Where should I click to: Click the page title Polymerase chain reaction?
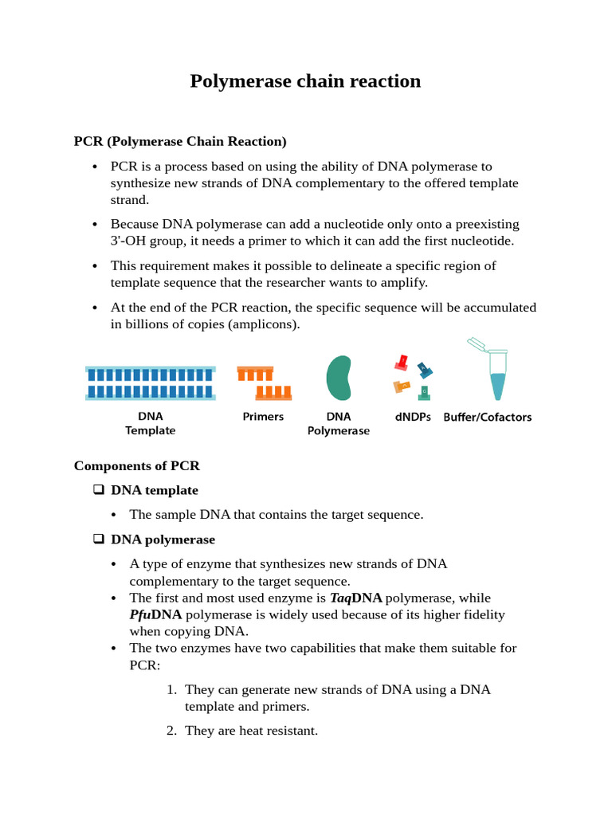tap(305, 81)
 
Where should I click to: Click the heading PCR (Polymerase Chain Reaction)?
tap(180, 142)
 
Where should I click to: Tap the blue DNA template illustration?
tap(150, 382)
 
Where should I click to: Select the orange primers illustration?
tap(263, 382)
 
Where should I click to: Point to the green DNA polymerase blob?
tap(338, 379)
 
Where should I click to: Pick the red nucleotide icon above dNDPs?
tap(402, 363)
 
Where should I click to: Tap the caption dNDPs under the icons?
tap(413, 416)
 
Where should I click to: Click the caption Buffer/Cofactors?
tap(488, 417)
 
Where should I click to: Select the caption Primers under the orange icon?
tap(263, 416)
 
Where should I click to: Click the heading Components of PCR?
tap(137, 465)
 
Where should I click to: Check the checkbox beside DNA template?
tap(99, 490)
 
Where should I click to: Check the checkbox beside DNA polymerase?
tap(99, 539)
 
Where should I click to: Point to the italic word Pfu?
tap(140, 614)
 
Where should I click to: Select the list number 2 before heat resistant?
tap(171, 730)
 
